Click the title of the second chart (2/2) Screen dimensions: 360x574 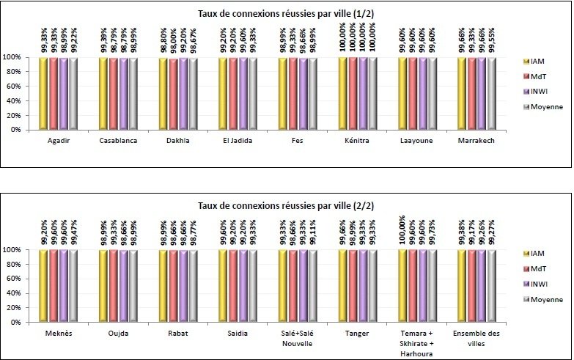(x=287, y=207)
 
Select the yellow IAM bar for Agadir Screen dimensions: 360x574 (x=43, y=93)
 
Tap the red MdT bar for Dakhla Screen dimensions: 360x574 (x=173, y=93)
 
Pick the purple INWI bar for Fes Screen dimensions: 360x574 (x=302, y=93)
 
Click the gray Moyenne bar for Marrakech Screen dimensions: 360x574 (x=491, y=93)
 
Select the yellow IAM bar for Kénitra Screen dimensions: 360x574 (x=342, y=93)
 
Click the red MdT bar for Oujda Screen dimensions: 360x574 (x=113, y=286)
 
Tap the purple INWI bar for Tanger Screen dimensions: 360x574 (x=362, y=286)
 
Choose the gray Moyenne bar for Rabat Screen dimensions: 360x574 (x=193, y=286)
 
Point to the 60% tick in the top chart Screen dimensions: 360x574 (x=12, y=86)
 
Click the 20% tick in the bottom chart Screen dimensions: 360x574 (x=12, y=308)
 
